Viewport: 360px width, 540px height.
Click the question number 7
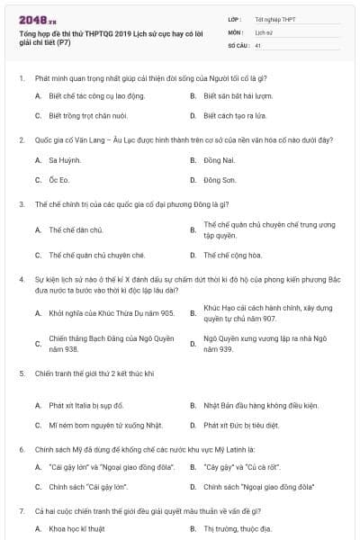tap(22, 511)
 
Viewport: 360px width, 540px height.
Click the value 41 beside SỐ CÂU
tap(258, 44)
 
